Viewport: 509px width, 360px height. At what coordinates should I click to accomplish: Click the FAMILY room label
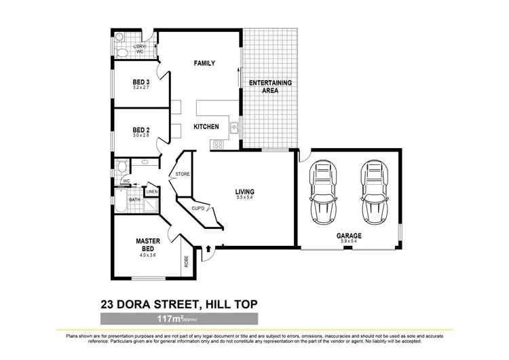click(204, 63)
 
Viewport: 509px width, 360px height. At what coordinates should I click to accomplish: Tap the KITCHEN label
click(206, 127)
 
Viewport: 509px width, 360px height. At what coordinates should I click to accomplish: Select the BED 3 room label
click(141, 82)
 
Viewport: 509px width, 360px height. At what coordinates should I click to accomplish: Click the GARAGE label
click(350, 236)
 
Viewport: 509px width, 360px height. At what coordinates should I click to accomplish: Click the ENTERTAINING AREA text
click(270, 86)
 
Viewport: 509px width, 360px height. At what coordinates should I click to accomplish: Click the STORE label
click(183, 175)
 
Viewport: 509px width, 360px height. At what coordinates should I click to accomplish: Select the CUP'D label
click(199, 207)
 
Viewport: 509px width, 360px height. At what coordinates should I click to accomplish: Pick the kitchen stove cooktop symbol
click(219, 144)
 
